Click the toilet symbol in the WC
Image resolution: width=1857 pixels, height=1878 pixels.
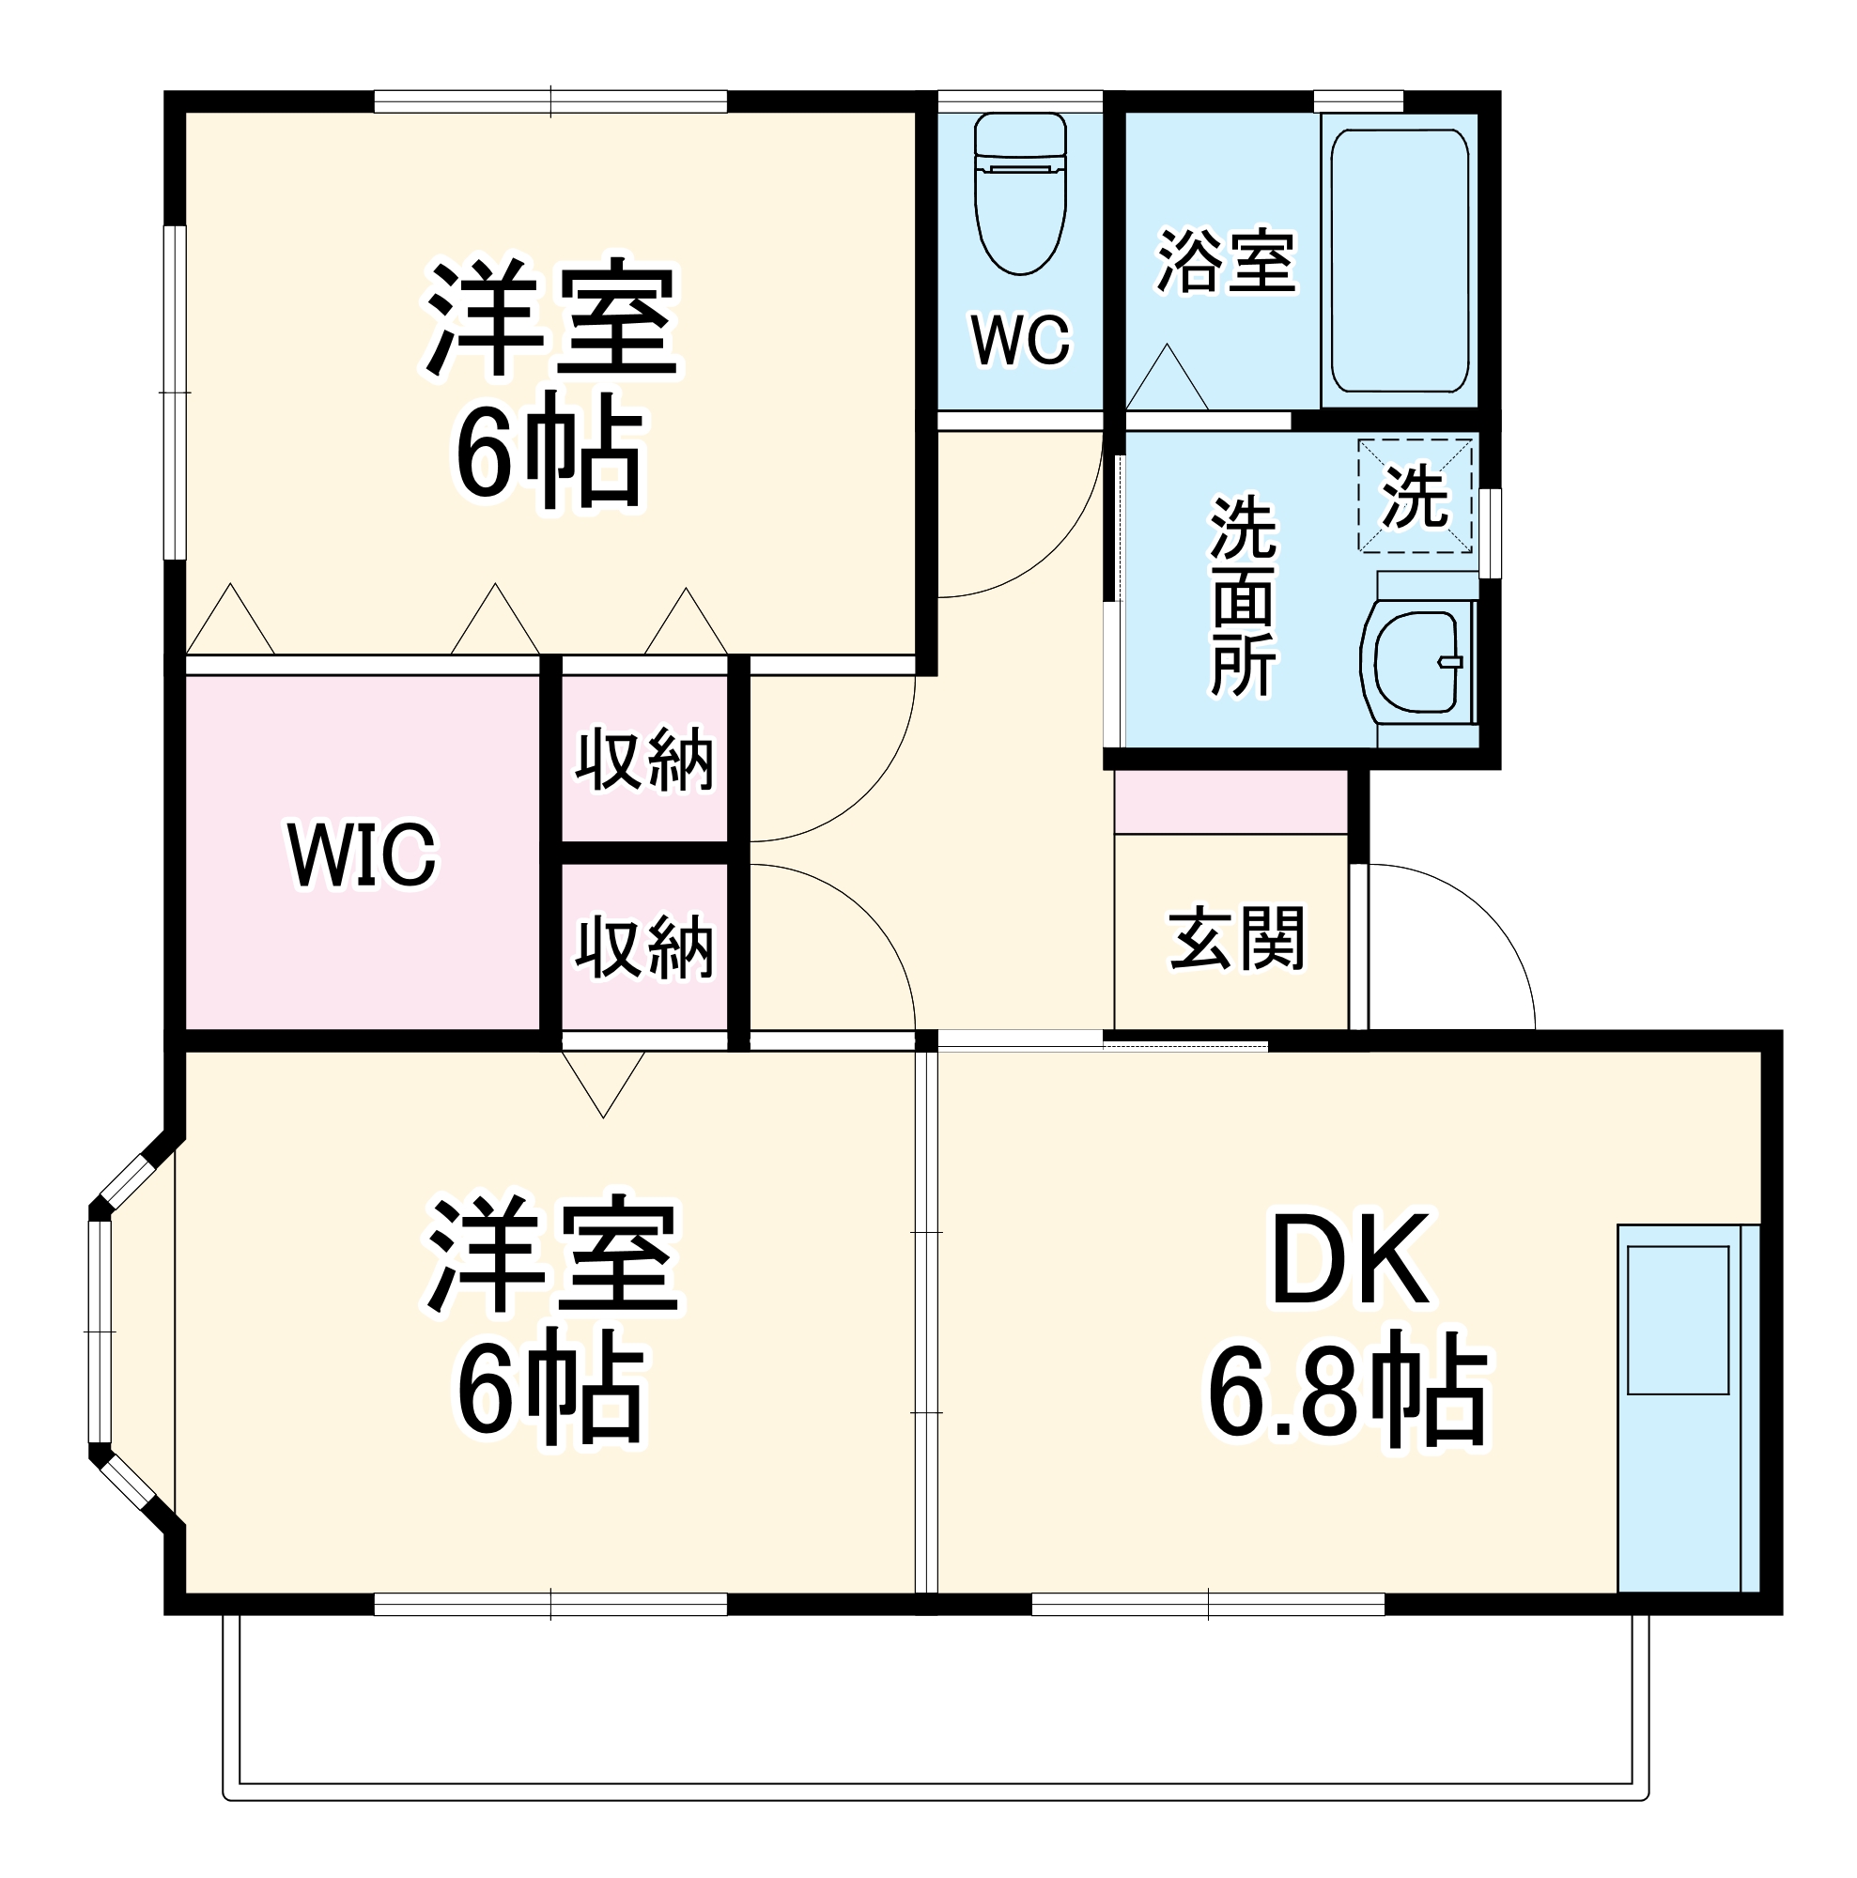click(1020, 194)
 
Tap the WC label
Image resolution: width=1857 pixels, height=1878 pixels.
click(1020, 340)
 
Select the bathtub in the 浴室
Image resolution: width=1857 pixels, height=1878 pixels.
click(1399, 260)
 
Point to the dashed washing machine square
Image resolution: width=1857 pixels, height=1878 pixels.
click(1415, 496)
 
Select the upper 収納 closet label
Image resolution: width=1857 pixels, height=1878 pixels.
click(644, 759)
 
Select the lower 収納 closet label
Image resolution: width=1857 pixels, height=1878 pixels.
click(644, 947)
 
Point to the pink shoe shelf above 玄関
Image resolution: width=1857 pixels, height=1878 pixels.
click(1230, 802)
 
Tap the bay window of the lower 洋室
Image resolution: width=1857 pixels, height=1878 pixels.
click(102, 1331)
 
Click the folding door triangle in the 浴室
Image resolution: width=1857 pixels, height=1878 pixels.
click(1167, 379)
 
